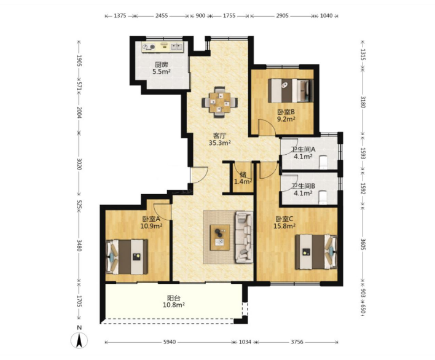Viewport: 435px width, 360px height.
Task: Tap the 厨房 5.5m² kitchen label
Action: coord(162,68)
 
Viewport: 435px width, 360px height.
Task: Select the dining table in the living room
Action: coord(220,103)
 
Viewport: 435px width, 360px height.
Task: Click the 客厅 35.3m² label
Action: coord(220,139)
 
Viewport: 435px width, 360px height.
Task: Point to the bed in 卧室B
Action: coord(291,91)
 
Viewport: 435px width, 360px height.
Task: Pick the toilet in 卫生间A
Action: coord(323,162)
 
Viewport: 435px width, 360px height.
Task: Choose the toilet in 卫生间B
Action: coord(323,197)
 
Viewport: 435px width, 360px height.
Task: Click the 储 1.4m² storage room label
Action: coord(243,178)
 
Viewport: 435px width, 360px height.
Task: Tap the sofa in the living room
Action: coord(244,237)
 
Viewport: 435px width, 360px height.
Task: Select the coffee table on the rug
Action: coord(220,237)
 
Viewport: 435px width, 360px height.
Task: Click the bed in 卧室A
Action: coord(127,257)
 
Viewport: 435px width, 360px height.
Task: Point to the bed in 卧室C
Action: coord(316,252)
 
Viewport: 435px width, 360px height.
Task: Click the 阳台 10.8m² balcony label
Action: coord(174,302)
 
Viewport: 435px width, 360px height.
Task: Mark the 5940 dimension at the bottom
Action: coord(169,342)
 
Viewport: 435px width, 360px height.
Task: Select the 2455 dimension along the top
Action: coord(162,16)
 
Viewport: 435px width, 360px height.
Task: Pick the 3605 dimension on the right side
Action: coord(363,244)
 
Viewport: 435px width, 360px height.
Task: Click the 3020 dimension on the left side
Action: coord(79,164)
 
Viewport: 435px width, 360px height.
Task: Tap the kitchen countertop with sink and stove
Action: coord(163,47)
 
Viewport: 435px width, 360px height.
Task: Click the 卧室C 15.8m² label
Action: coord(284,222)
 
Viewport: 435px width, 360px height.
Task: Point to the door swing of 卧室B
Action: coord(266,127)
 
